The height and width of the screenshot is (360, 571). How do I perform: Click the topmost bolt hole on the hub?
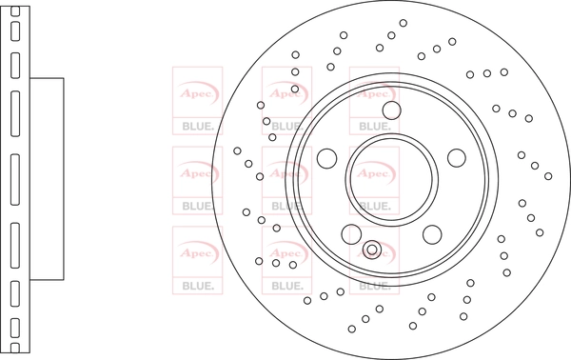pyautogui.click(x=392, y=110)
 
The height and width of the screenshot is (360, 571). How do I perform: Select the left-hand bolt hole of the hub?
pyautogui.click(x=327, y=158)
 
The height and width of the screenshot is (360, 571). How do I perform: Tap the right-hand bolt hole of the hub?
pyautogui.click(x=457, y=158)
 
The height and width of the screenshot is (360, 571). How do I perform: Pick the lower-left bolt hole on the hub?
pyautogui.click(x=351, y=234)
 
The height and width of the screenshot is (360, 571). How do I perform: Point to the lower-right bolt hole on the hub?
pyautogui.click(x=432, y=234)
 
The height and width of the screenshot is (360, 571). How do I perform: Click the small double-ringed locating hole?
pyautogui.click(x=372, y=250)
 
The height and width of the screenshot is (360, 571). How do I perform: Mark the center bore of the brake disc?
pyautogui.click(x=392, y=179)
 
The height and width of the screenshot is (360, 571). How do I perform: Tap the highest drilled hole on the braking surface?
pyautogui.click(x=404, y=23)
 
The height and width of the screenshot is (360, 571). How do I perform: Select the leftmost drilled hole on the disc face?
pyautogui.click(x=237, y=150)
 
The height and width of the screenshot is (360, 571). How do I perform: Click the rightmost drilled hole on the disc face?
pyautogui.click(x=548, y=176)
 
